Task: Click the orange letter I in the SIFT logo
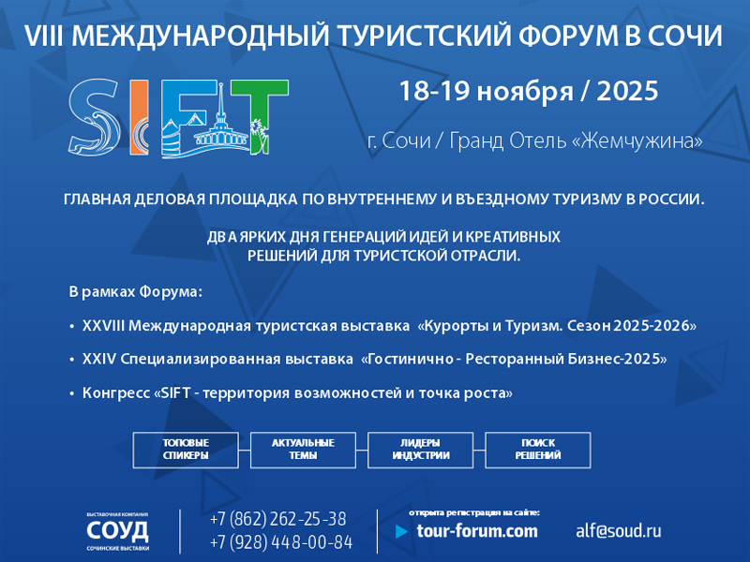(139, 118)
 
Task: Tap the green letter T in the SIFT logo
(260, 117)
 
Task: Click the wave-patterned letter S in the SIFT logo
(95, 117)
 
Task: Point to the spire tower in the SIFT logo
(220, 114)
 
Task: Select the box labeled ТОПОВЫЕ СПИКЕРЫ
(186, 450)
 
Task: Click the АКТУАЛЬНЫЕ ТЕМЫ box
(303, 450)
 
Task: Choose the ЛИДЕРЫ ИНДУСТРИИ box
(420, 450)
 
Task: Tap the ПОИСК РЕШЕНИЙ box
(538, 450)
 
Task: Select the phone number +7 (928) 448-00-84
(281, 542)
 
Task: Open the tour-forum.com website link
(477, 531)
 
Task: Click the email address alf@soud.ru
(619, 530)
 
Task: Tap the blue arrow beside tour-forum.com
(402, 531)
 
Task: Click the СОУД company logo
(118, 531)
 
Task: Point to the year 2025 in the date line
(627, 91)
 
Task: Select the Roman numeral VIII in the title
(43, 36)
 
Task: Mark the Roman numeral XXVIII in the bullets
(103, 325)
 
